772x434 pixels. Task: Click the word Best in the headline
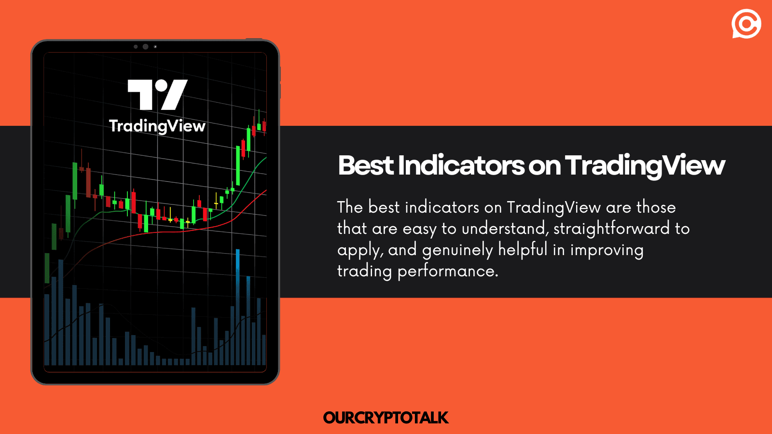(366, 165)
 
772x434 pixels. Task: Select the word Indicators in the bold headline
(461, 165)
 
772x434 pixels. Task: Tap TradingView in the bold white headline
(645, 165)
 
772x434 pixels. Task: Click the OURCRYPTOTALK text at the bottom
(386, 418)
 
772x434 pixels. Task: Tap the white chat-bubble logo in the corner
(746, 24)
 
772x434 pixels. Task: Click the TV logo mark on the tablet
(157, 95)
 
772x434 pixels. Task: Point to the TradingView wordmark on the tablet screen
(157, 126)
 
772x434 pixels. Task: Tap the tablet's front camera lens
(145, 47)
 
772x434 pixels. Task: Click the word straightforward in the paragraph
(611, 228)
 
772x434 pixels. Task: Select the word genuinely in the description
(457, 250)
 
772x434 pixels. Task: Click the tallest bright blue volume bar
(237, 275)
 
